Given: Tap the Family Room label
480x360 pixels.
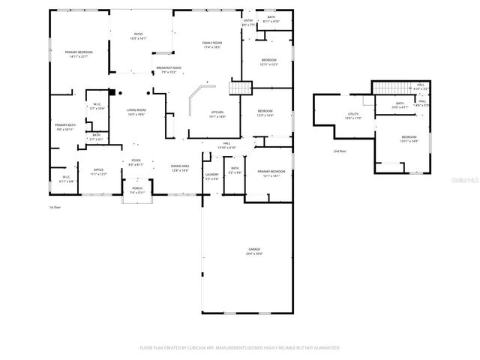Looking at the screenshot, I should tap(212, 44).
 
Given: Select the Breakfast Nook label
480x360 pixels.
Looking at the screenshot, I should tap(166, 70).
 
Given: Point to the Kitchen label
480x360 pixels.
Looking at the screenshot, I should tap(217, 114).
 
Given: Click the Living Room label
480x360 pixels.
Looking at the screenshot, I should tap(136, 112).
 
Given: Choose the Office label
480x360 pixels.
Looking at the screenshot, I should tap(98, 172).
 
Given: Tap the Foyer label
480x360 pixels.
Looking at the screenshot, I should tap(136, 161).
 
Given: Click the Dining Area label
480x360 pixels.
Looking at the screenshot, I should tap(180, 169).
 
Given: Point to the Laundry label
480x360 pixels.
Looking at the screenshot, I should tap(211, 176).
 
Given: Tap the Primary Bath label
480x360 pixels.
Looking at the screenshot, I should tap(64, 127).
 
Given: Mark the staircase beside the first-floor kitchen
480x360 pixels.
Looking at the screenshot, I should tap(240, 89).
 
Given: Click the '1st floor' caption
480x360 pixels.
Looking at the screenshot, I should tap(54, 206).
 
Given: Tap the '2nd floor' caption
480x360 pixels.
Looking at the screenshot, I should tap(340, 151).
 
